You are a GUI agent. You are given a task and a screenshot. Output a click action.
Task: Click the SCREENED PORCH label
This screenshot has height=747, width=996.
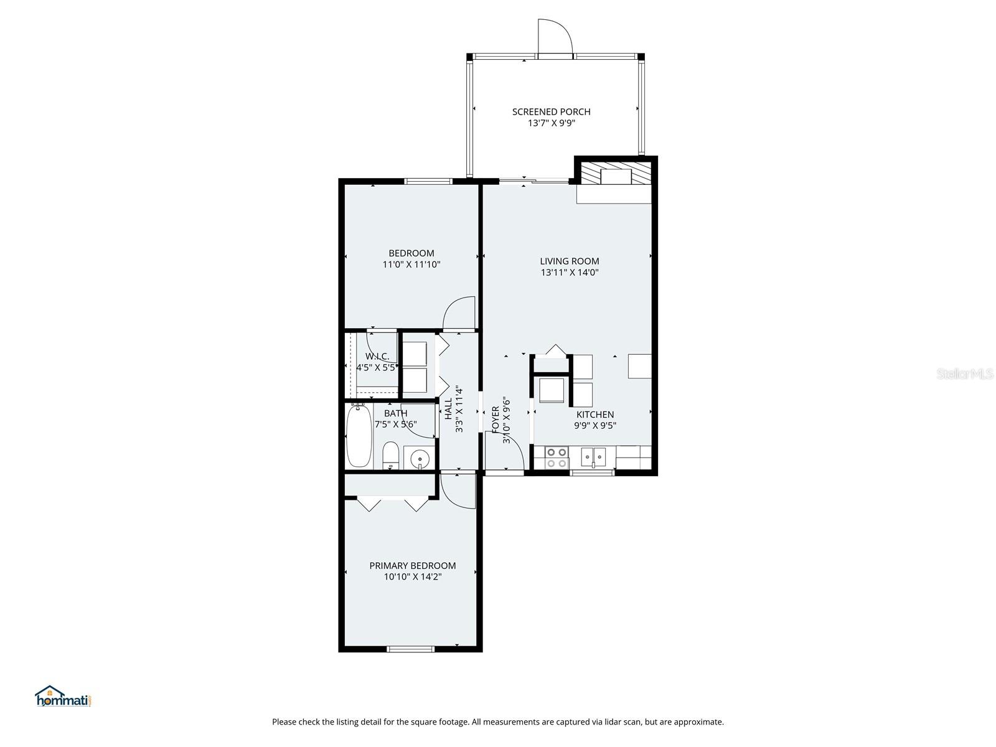point(551,111)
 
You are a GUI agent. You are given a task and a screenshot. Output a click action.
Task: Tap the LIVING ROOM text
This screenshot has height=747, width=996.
point(569,261)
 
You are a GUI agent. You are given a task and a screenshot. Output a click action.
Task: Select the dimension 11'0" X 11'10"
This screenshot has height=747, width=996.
point(411,265)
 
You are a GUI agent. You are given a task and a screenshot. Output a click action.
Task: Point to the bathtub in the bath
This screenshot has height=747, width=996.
point(359,436)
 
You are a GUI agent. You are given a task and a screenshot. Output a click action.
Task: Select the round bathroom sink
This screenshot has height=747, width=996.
point(420,459)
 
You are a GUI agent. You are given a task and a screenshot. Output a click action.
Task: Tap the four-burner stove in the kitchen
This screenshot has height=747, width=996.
point(556,458)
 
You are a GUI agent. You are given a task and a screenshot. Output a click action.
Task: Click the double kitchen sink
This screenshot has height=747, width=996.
point(593,458)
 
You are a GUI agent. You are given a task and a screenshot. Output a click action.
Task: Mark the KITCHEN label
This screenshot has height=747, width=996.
point(594,415)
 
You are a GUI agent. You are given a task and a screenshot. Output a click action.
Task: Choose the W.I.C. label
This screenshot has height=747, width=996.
point(377,357)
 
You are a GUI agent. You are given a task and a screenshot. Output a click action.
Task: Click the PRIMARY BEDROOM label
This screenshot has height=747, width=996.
point(412,565)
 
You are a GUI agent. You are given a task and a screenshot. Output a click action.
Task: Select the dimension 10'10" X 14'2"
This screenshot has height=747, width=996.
point(412,577)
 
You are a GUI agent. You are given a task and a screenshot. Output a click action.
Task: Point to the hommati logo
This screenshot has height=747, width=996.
point(63,697)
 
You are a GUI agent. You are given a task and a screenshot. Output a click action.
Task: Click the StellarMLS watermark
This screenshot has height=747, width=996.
point(965,374)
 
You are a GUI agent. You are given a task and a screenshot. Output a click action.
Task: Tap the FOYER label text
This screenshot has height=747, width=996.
point(496,420)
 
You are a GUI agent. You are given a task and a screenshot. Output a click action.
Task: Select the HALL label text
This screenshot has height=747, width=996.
point(448,409)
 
